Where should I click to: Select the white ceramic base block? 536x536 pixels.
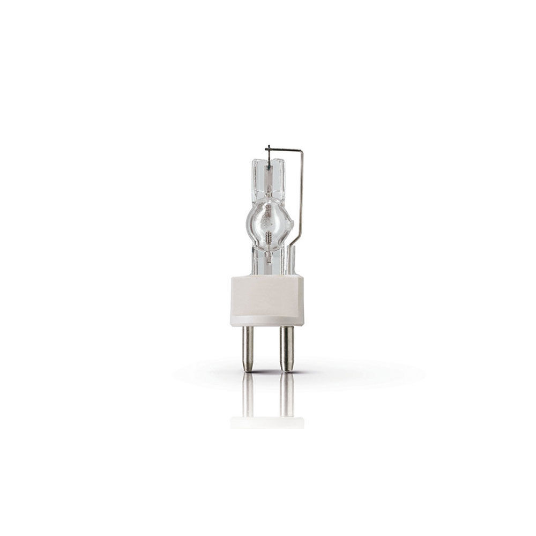pos(267,300)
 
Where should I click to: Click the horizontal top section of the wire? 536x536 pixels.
pos(284,149)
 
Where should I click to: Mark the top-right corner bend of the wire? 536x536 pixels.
pos(302,152)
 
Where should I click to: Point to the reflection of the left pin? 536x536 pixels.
pos(248,394)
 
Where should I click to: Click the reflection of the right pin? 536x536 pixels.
pos(287,394)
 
